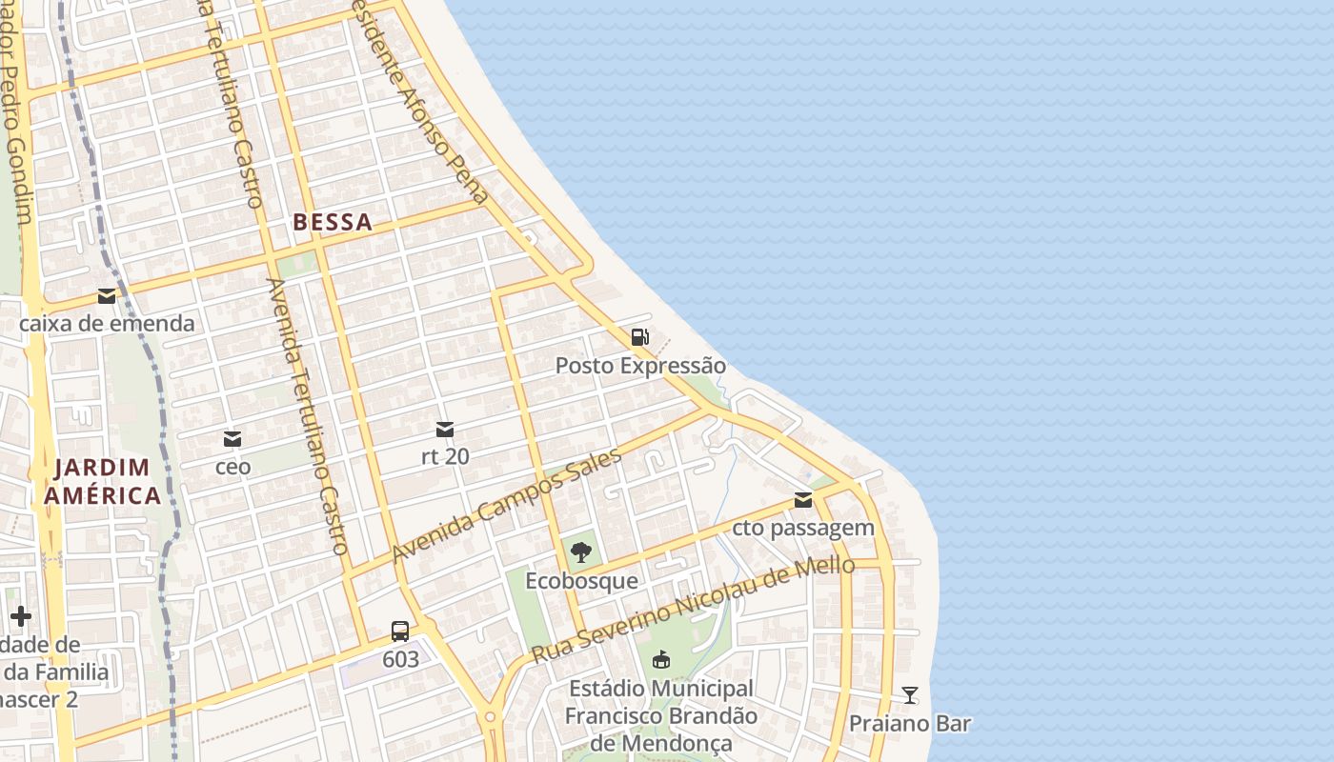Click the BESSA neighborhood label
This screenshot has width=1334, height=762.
[333, 223]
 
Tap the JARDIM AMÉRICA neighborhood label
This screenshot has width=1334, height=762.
[102, 481]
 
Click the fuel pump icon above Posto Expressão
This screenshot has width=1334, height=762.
[639, 336]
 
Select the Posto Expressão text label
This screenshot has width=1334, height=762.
[640, 366]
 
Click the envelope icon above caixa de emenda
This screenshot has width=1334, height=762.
[107, 296]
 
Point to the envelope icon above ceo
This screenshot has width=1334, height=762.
[232, 439]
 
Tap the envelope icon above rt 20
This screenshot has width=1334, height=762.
[445, 429]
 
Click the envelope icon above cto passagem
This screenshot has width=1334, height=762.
[803, 500]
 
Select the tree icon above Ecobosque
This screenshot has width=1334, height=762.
[580, 551]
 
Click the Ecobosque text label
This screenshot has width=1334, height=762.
[581, 580]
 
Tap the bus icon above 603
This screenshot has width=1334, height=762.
[400, 631]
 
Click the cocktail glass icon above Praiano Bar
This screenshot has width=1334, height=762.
[910, 695]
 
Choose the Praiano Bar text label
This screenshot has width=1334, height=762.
[910, 723]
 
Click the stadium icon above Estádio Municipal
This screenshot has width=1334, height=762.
[660, 659]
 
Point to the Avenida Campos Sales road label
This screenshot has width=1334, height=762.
[506, 504]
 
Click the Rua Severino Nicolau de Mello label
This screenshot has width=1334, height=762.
[693, 611]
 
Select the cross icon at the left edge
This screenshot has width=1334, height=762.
[21, 616]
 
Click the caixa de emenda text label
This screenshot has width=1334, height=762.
[107, 324]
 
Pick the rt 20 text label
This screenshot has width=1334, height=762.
[445, 456]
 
